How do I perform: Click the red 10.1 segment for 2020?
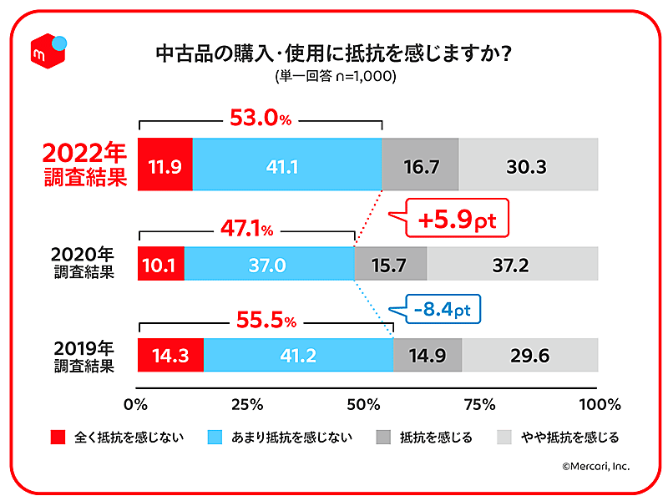[160, 264]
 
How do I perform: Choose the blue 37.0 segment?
[269, 264]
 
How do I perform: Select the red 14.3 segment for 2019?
[170, 355]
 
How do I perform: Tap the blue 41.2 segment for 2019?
[298, 355]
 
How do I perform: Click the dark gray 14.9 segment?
[428, 355]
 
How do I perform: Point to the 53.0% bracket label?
[260, 119]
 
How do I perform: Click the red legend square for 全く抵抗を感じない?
[58, 437]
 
